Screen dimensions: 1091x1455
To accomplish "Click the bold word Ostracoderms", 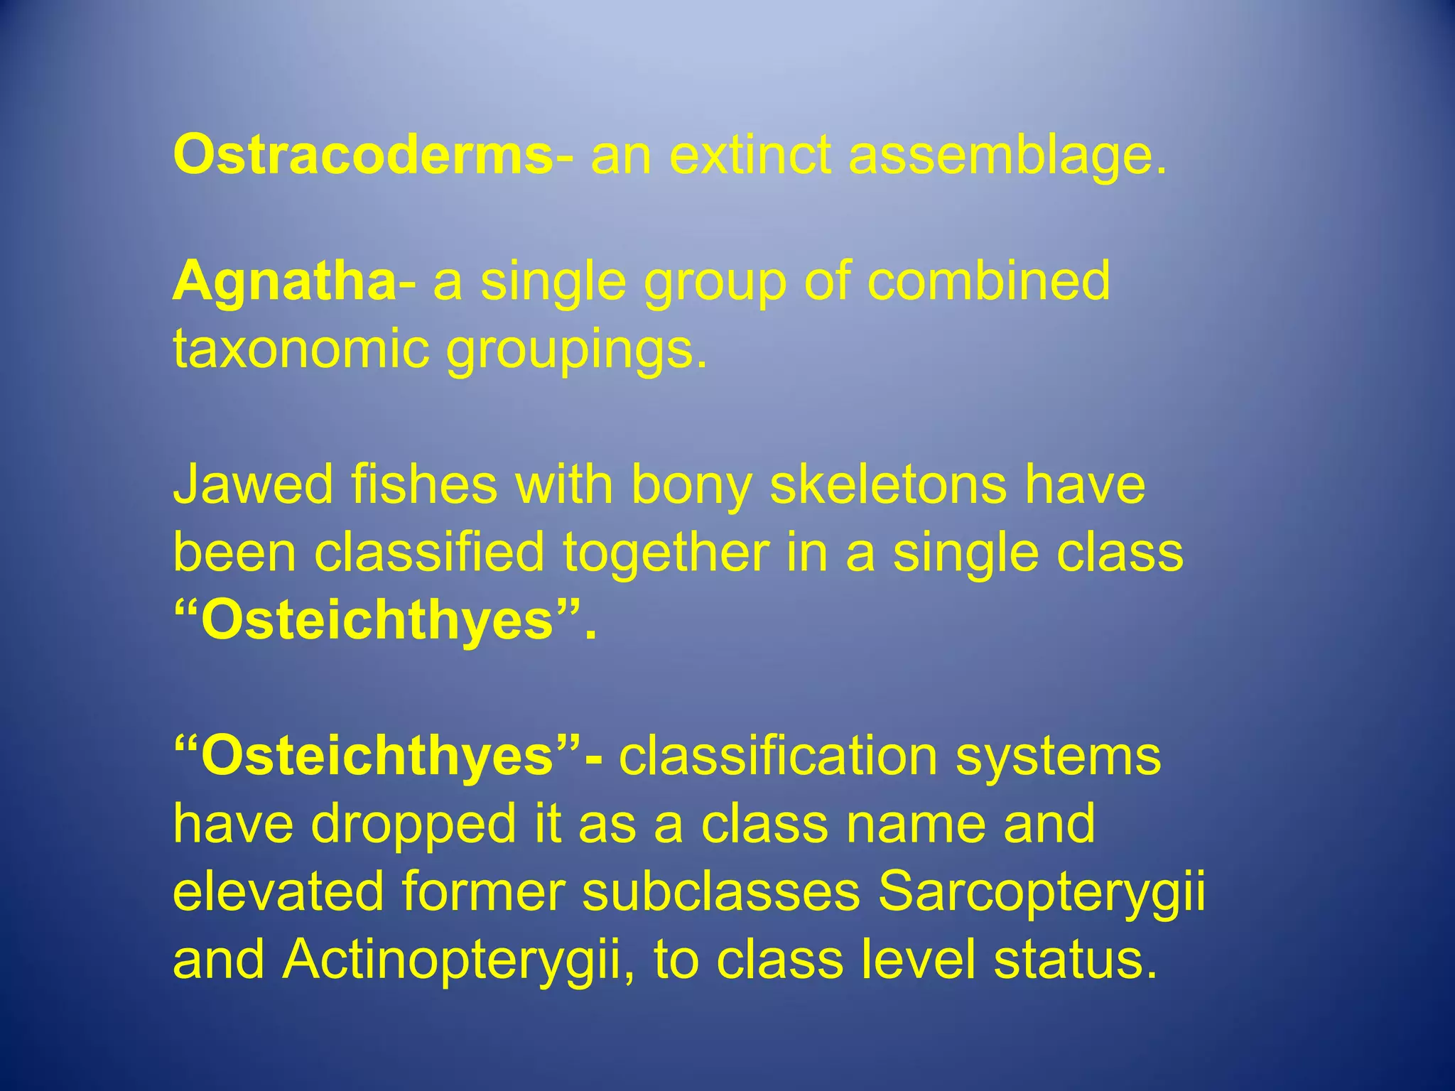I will pyautogui.click(x=362, y=155).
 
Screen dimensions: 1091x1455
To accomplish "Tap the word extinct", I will pyautogui.click(x=750, y=155).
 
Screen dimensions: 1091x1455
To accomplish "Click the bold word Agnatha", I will pyautogui.click(x=284, y=281).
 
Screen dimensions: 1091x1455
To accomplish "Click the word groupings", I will pyautogui.click(x=575, y=349).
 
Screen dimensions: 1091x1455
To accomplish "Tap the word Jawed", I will pyautogui.click(x=253, y=484).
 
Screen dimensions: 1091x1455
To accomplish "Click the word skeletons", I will pyautogui.click(x=888, y=484).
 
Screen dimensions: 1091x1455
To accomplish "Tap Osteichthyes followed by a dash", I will pyautogui.click(x=377, y=756).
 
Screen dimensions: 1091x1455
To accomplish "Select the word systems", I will pyautogui.click(x=1058, y=756).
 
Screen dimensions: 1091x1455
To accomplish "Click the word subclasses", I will pyautogui.click(x=720, y=891).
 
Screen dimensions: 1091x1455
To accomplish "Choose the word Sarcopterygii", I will pyautogui.click(x=1042, y=891).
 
